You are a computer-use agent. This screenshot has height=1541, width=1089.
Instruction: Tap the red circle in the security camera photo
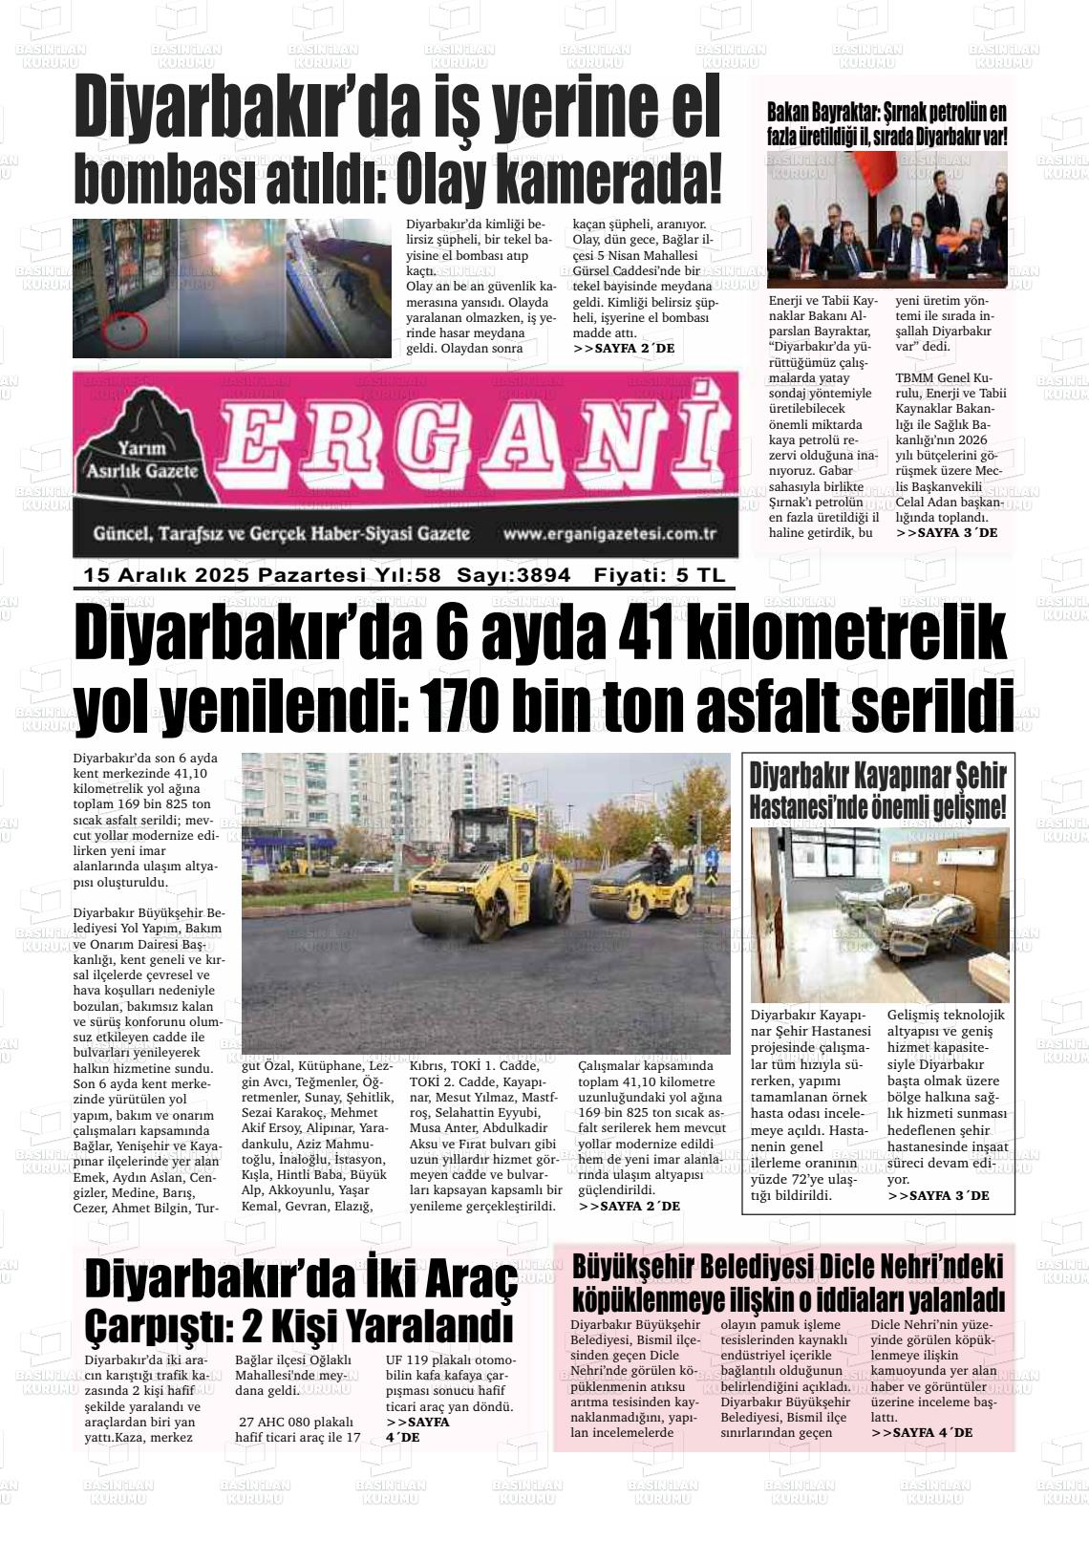(123, 330)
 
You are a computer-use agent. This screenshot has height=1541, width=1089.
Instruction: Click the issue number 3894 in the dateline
(542, 575)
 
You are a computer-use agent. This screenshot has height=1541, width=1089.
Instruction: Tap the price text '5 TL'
(700, 575)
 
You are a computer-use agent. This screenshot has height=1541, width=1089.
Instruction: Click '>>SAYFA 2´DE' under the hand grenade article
(624, 349)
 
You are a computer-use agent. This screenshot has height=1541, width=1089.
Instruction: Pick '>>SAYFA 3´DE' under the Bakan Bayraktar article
(946, 532)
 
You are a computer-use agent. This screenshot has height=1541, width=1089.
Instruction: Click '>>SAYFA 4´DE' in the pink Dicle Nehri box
(921, 1432)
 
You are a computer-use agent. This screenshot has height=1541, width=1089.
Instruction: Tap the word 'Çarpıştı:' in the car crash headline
(154, 1327)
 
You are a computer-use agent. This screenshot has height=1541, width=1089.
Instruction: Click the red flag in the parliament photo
(870, 176)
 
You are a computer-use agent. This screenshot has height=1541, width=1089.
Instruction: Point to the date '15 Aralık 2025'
(166, 575)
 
